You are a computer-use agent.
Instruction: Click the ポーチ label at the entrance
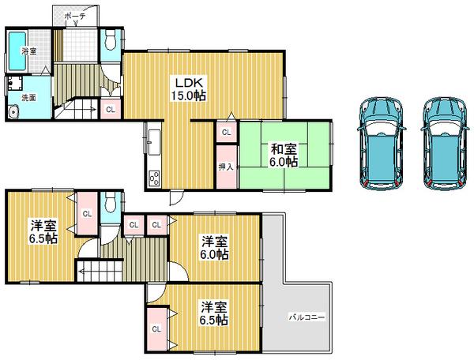[x=74, y=14]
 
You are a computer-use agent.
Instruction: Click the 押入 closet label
[x=226, y=167]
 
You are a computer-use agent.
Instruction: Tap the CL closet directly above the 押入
[x=227, y=133]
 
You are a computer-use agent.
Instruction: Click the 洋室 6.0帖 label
[x=214, y=248]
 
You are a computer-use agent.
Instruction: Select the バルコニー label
[x=307, y=317]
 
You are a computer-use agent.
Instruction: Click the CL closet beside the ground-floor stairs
[x=110, y=110]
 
